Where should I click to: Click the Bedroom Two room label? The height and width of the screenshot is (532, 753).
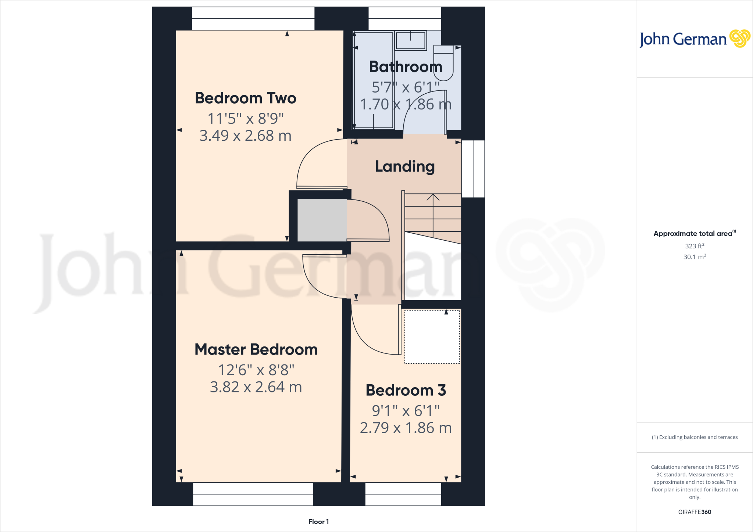pos(245,98)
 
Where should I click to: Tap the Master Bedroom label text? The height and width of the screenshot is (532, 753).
pos(256,349)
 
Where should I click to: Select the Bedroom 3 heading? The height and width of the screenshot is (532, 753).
pos(406,390)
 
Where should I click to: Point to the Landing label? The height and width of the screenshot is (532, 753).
pos(405,166)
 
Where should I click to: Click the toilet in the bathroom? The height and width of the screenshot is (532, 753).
pos(443,62)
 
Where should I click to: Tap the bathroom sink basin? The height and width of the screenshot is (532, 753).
pos(411,40)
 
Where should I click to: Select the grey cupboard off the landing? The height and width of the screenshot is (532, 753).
pos(322,220)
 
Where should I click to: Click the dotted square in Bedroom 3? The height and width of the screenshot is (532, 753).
pos(432,337)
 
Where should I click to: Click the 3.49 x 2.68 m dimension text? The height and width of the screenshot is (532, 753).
pos(245,136)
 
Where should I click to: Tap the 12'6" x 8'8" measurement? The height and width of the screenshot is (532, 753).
pos(256,370)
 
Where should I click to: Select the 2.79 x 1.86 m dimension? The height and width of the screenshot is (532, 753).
pos(406,428)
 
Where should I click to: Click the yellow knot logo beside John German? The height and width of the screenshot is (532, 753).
pos(739,39)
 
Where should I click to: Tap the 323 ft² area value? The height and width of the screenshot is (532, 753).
pos(694,246)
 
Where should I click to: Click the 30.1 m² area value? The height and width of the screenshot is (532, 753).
pos(694,257)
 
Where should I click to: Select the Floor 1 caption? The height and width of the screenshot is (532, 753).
pos(318,522)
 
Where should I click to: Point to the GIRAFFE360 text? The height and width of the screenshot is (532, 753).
pos(694,512)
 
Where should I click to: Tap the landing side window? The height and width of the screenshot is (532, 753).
pos(473,169)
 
